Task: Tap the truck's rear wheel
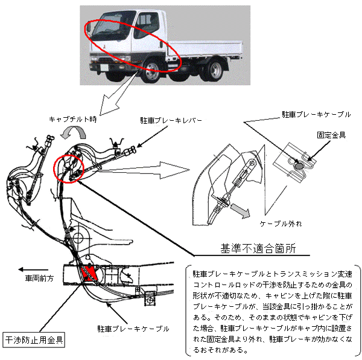click(x=215, y=70)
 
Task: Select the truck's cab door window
click(x=146, y=25)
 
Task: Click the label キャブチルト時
click(x=73, y=120)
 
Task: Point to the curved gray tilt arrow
click(x=73, y=132)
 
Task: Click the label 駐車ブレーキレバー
click(x=171, y=120)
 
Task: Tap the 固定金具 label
click(x=331, y=135)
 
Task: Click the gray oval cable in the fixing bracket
click(x=299, y=166)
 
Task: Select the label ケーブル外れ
click(x=281, y=223)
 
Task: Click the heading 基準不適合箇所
click(x=258, y=249)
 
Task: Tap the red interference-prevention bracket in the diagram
click(x=89, y=274)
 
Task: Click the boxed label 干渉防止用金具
click(x=34, y=340)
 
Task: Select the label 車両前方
click(x=39, y=278)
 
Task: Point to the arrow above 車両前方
click(x=33, y=269)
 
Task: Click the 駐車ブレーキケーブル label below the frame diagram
click(x=133, y=329)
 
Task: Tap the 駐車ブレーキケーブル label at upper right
click(x=316, y=114)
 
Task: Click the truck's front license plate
click(x=104, y=68)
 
